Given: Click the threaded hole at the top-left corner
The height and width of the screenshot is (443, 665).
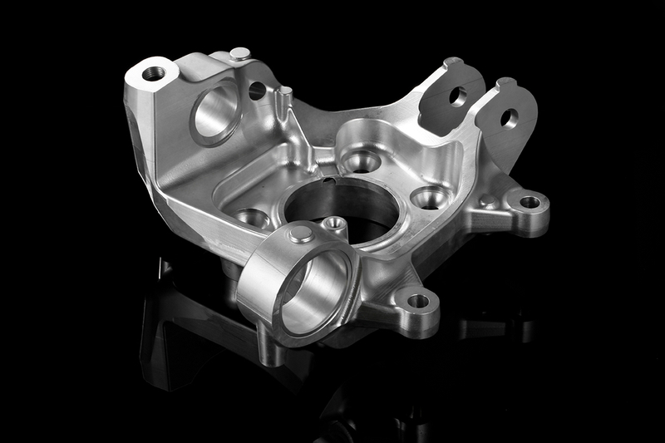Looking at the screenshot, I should coord(154,73).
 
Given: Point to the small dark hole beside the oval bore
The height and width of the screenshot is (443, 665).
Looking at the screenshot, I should coord(258,91).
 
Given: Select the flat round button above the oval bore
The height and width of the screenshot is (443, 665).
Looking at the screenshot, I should coord(239,54).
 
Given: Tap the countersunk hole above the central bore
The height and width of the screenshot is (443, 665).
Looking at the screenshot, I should coord(362,160).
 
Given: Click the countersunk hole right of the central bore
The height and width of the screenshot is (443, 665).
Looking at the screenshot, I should coord(431,198).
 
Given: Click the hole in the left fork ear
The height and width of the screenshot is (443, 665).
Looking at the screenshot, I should coord(457,96).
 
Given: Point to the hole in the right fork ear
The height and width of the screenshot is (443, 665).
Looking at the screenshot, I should coord(509,118).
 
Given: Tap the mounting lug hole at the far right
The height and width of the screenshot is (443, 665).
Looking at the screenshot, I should coord(530,202).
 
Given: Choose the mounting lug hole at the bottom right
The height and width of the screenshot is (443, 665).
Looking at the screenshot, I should coord(418,301).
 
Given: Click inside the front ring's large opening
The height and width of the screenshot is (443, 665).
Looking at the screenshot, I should coord(313,292).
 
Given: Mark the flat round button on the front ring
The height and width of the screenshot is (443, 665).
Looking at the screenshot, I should coord(301,234).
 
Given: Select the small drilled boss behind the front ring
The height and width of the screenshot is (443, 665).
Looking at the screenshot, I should coord(334,223).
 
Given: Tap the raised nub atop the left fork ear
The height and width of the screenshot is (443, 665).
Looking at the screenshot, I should coord(453,62).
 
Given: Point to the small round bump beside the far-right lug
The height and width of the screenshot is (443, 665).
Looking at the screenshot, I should coord(489,201).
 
